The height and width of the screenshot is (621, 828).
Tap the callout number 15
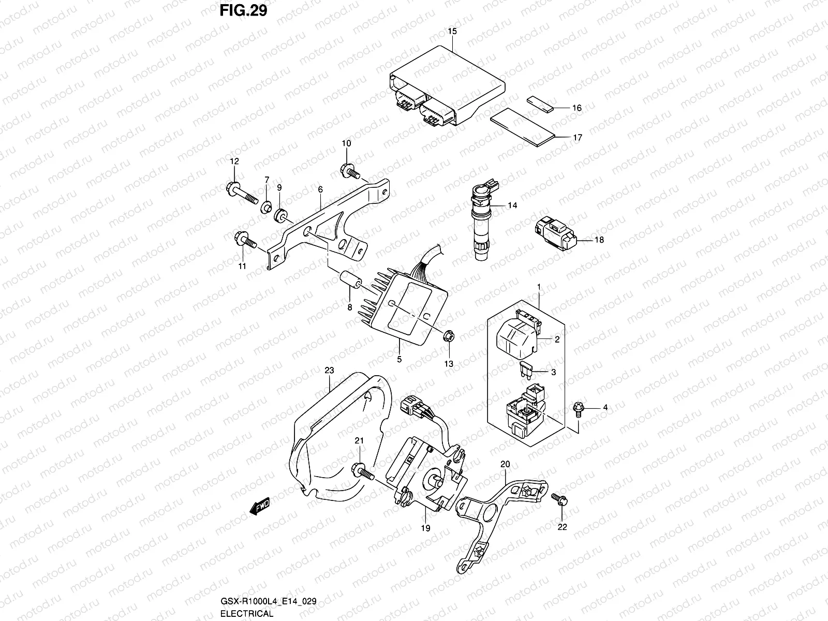pyautogui.click(x=452, y=32)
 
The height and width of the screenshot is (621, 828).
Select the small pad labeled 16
pyautogui.click(x=540, y=103)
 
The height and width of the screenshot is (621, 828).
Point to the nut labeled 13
pyautogui.click(x=449, y=337)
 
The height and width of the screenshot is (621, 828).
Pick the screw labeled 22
pyautogui.click(x=559, y=500)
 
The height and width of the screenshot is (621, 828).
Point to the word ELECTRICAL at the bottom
pyautogui.click(x=246, y=614)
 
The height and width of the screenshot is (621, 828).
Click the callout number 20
pyautogui.click(x=506, y=464)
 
